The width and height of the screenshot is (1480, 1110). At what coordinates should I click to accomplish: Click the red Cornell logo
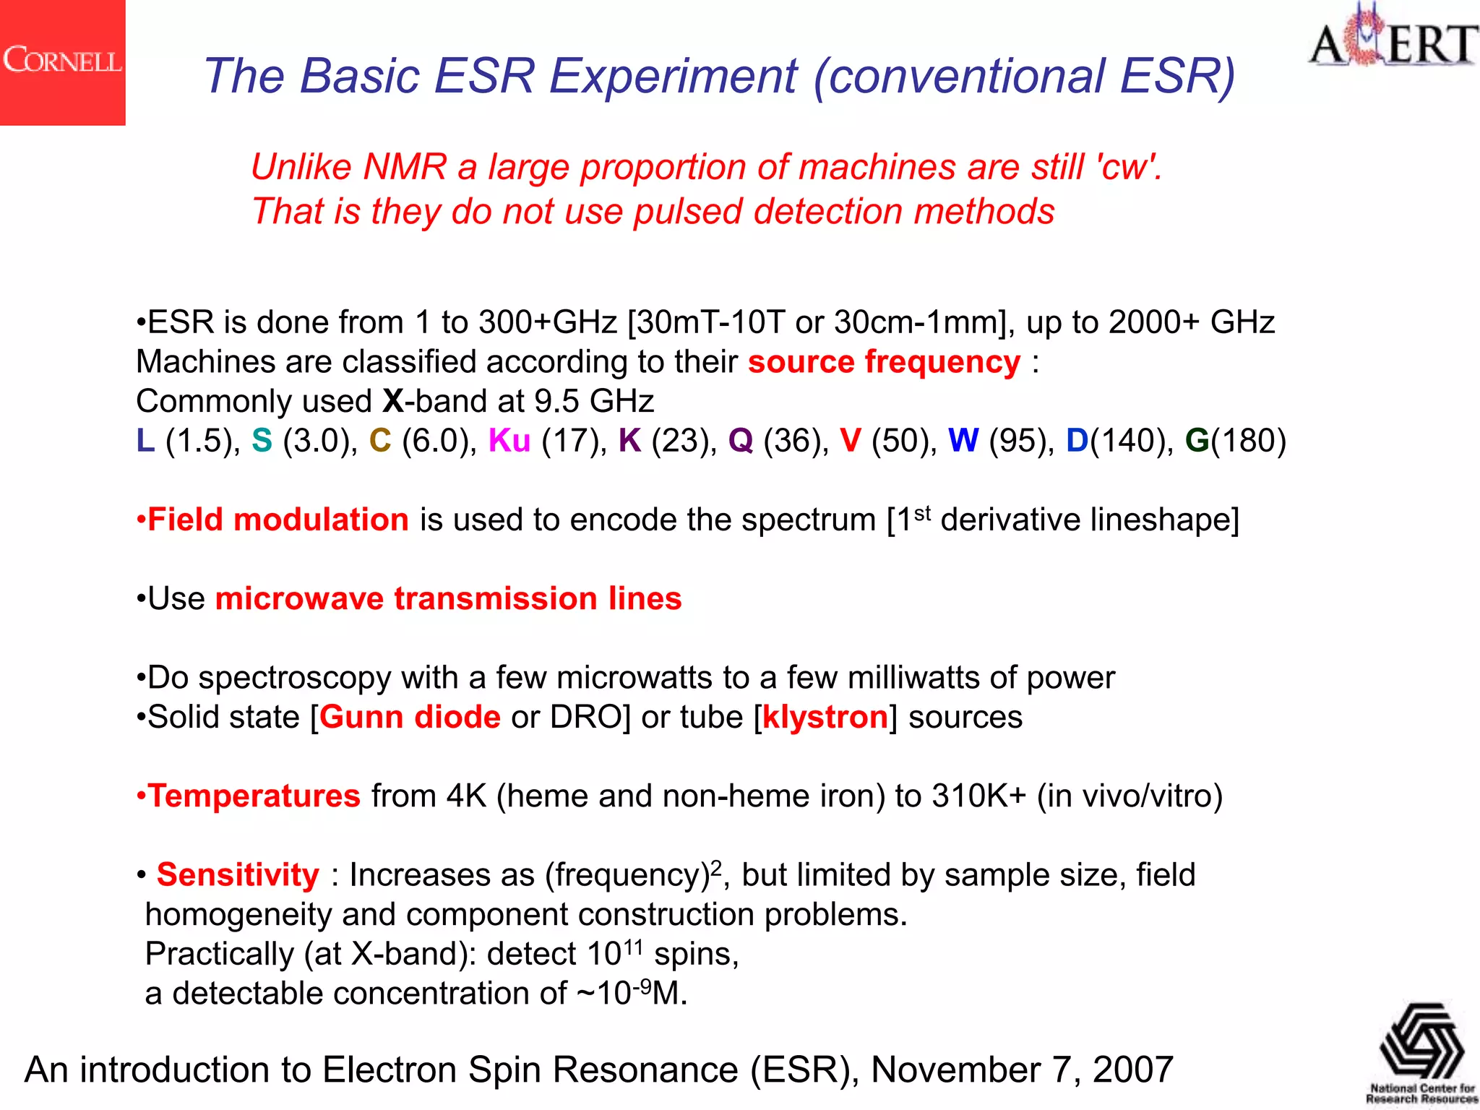[62, 62]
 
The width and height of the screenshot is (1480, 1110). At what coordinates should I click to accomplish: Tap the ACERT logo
[1393, 40]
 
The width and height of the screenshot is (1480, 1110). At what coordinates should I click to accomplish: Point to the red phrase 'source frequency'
[884, 361]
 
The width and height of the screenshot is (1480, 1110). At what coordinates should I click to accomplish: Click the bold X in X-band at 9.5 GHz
[393, 401]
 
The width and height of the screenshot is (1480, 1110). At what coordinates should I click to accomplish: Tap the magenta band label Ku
[509, 441]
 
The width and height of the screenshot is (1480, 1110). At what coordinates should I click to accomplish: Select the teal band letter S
[262, 441]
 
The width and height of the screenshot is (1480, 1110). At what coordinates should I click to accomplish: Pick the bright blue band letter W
[963, 441]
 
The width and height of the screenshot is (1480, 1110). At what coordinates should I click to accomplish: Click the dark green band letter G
[1197, 441]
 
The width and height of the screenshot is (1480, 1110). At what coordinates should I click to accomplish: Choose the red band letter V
[851, 441]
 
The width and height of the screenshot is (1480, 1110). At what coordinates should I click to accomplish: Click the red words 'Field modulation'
[277, 520]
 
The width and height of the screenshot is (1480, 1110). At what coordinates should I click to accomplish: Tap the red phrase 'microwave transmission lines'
[448, 598]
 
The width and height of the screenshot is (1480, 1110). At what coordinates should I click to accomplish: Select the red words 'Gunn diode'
[410, 717]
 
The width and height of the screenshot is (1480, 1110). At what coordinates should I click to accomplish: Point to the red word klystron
[825, 717]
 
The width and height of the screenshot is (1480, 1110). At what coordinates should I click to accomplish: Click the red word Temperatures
[254, 796]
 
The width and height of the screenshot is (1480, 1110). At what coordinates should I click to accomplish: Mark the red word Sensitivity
[238, 874]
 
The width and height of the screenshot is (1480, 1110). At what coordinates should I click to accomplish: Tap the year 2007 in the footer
[1133, 1070]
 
